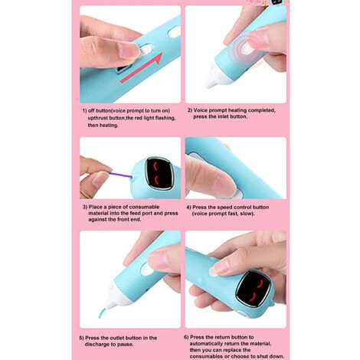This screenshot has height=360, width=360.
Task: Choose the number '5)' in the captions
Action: [x=83, y=337]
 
